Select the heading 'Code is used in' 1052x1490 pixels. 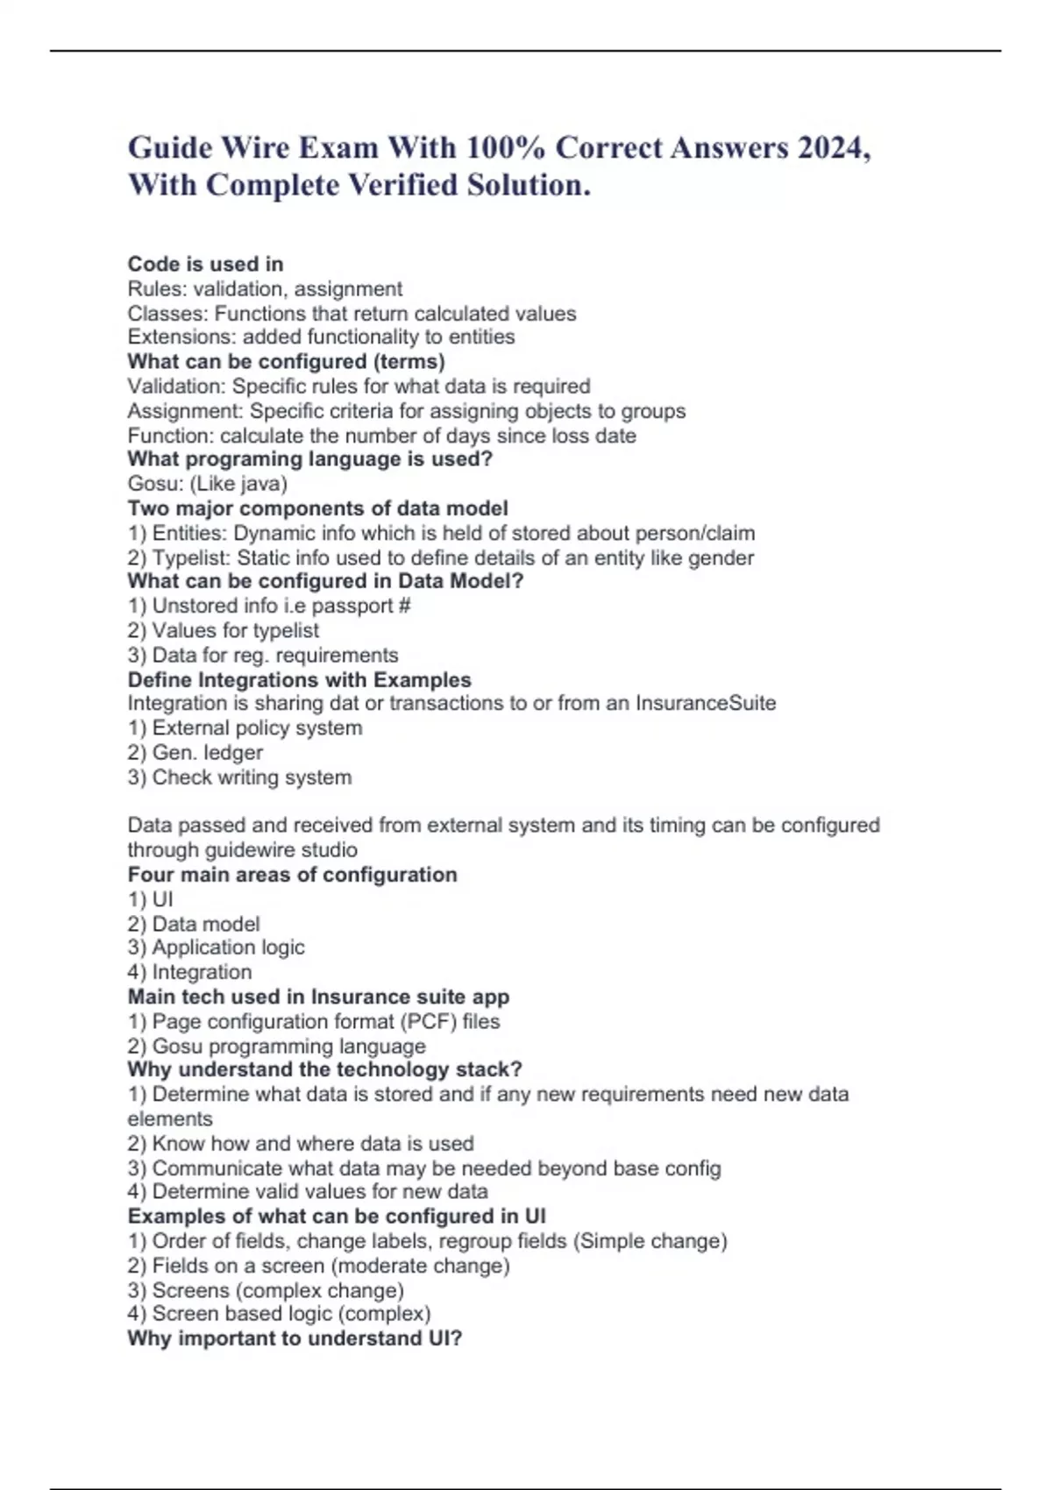tap(205, 264)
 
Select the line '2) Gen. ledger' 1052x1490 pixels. tap(195, 752)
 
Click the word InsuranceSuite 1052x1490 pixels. tap(705, 703)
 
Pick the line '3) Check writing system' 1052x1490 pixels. tap(239, 777)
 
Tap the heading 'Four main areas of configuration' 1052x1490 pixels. tap(292, 875)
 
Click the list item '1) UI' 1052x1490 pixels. tap(150, 899)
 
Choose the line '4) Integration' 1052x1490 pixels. tap(189, 972)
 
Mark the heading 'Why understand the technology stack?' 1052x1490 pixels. tap(324, 1069)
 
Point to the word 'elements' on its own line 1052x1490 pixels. tap(170, 1119)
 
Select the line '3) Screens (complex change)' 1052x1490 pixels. tap(266, 1290)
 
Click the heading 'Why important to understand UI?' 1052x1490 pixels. tap(295, 1338)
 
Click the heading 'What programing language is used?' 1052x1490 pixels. tap(309, 459)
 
